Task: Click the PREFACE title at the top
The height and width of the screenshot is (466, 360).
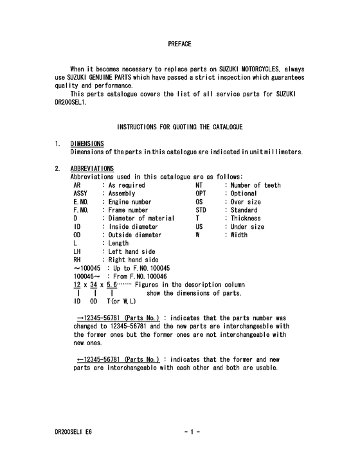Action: pos(179,44)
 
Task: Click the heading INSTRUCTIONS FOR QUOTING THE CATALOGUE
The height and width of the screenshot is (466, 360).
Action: pos(179,127)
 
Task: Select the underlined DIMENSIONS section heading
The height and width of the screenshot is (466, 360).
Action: pos(87,143)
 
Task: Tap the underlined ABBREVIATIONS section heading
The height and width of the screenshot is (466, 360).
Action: pos(92,168)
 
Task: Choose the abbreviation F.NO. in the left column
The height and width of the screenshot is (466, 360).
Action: pos(82,210)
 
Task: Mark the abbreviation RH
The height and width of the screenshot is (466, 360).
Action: pos(78,260)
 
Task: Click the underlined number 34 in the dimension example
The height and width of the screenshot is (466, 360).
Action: pos(94,285)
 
